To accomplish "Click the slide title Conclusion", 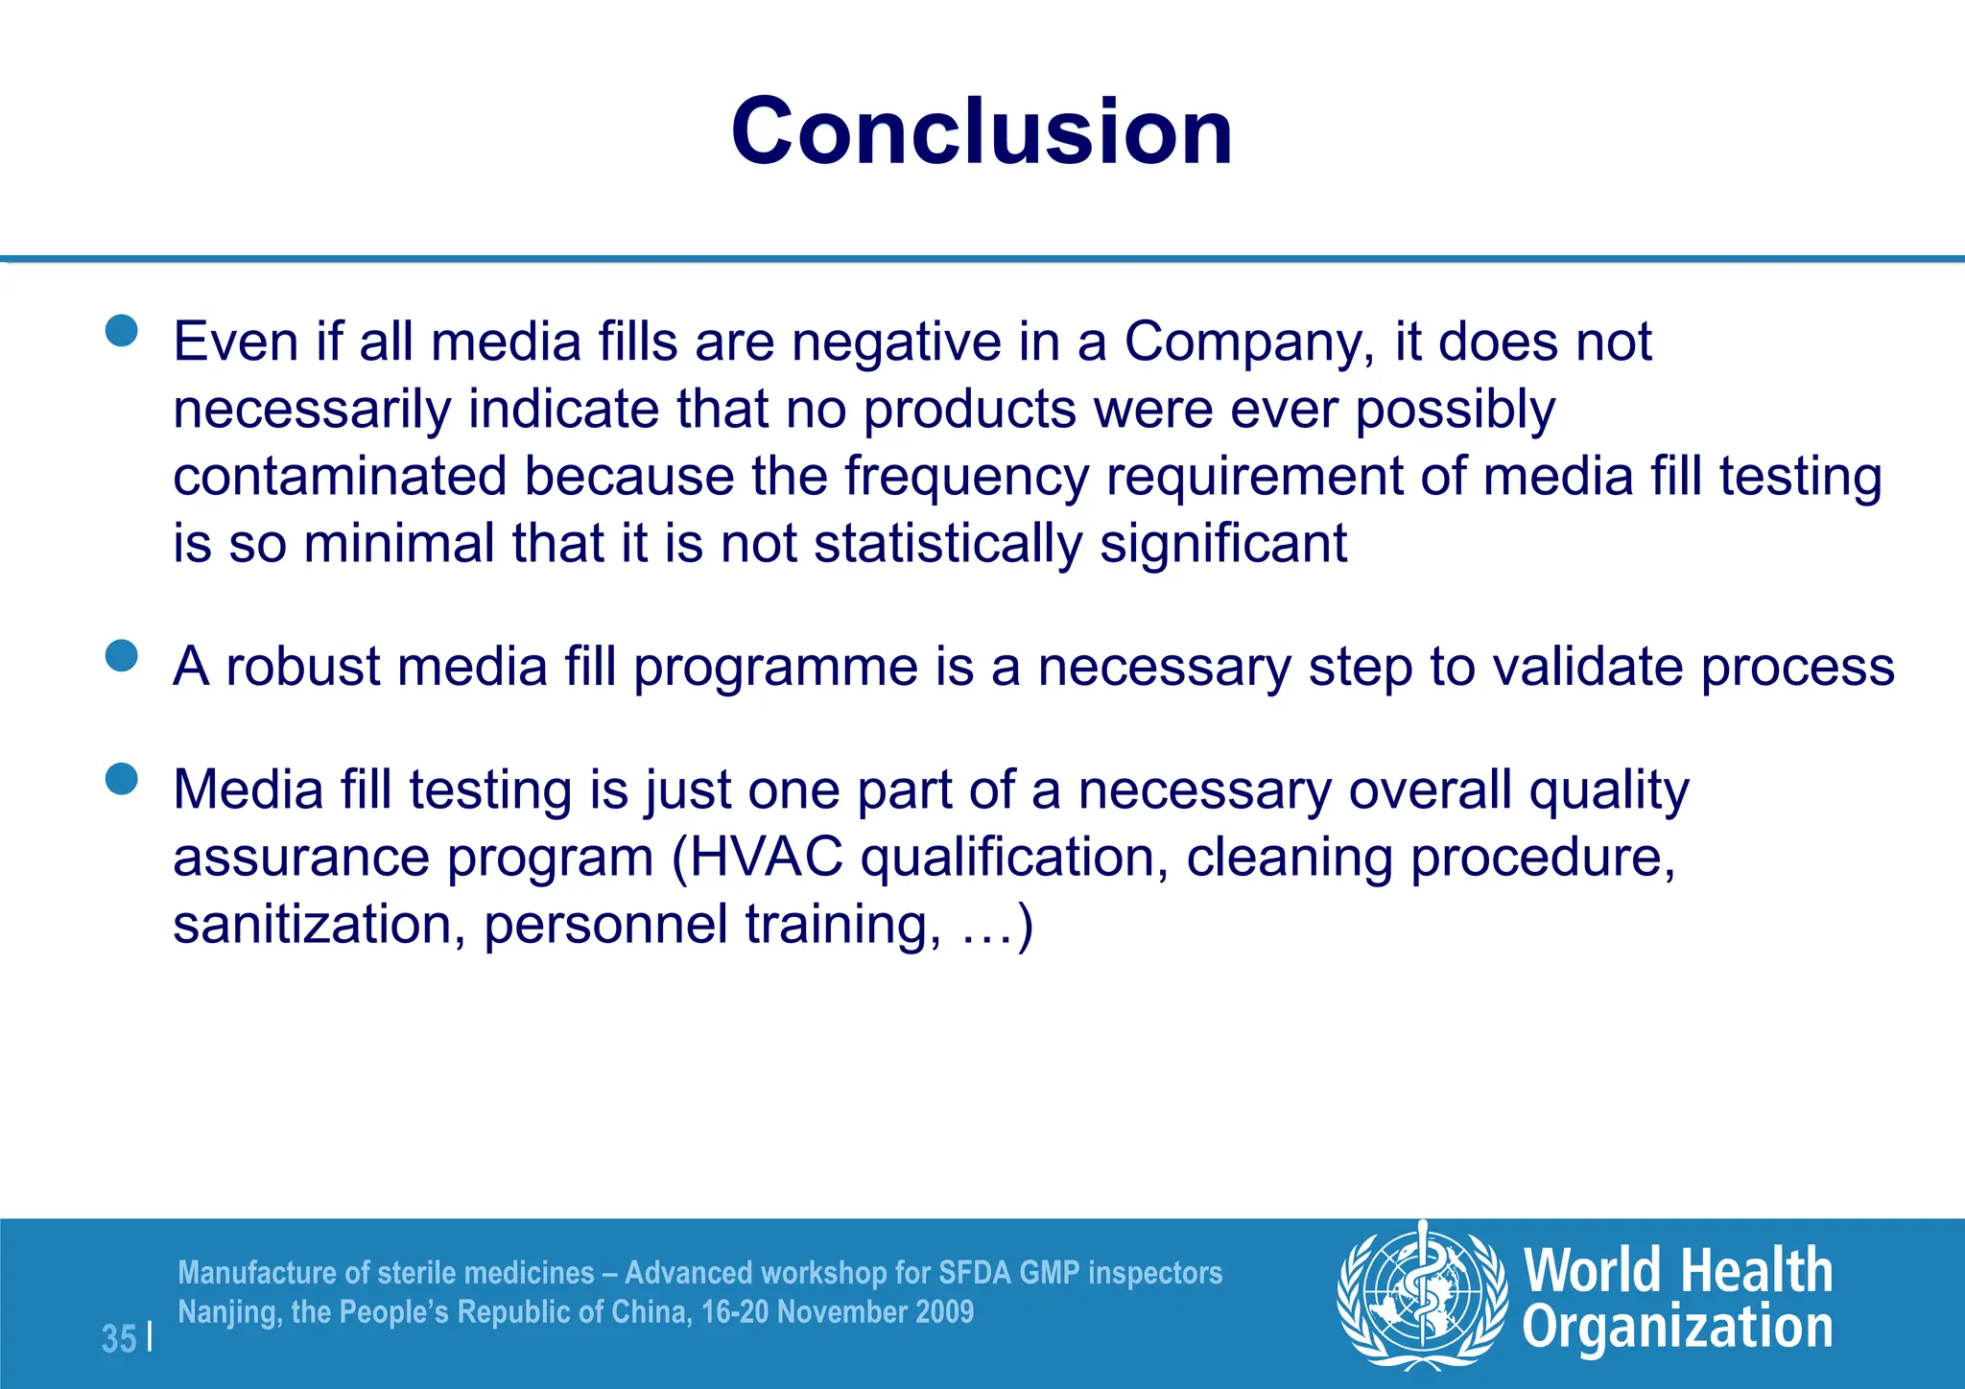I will [x=982, y=131].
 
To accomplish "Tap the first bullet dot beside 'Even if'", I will [x=122, y=331].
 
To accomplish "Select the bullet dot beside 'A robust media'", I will [x=122, y=656].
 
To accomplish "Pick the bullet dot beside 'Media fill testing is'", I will [x=122, y=779].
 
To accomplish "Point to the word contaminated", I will [x=339, y=477].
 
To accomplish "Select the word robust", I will [x=302, y=666].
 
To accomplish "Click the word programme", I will [x=775, y=668].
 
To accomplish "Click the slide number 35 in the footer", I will [x=119, y=1337].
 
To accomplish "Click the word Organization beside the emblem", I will [x=1677, y=1328].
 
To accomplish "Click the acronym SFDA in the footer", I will [x=974, y=1272].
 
